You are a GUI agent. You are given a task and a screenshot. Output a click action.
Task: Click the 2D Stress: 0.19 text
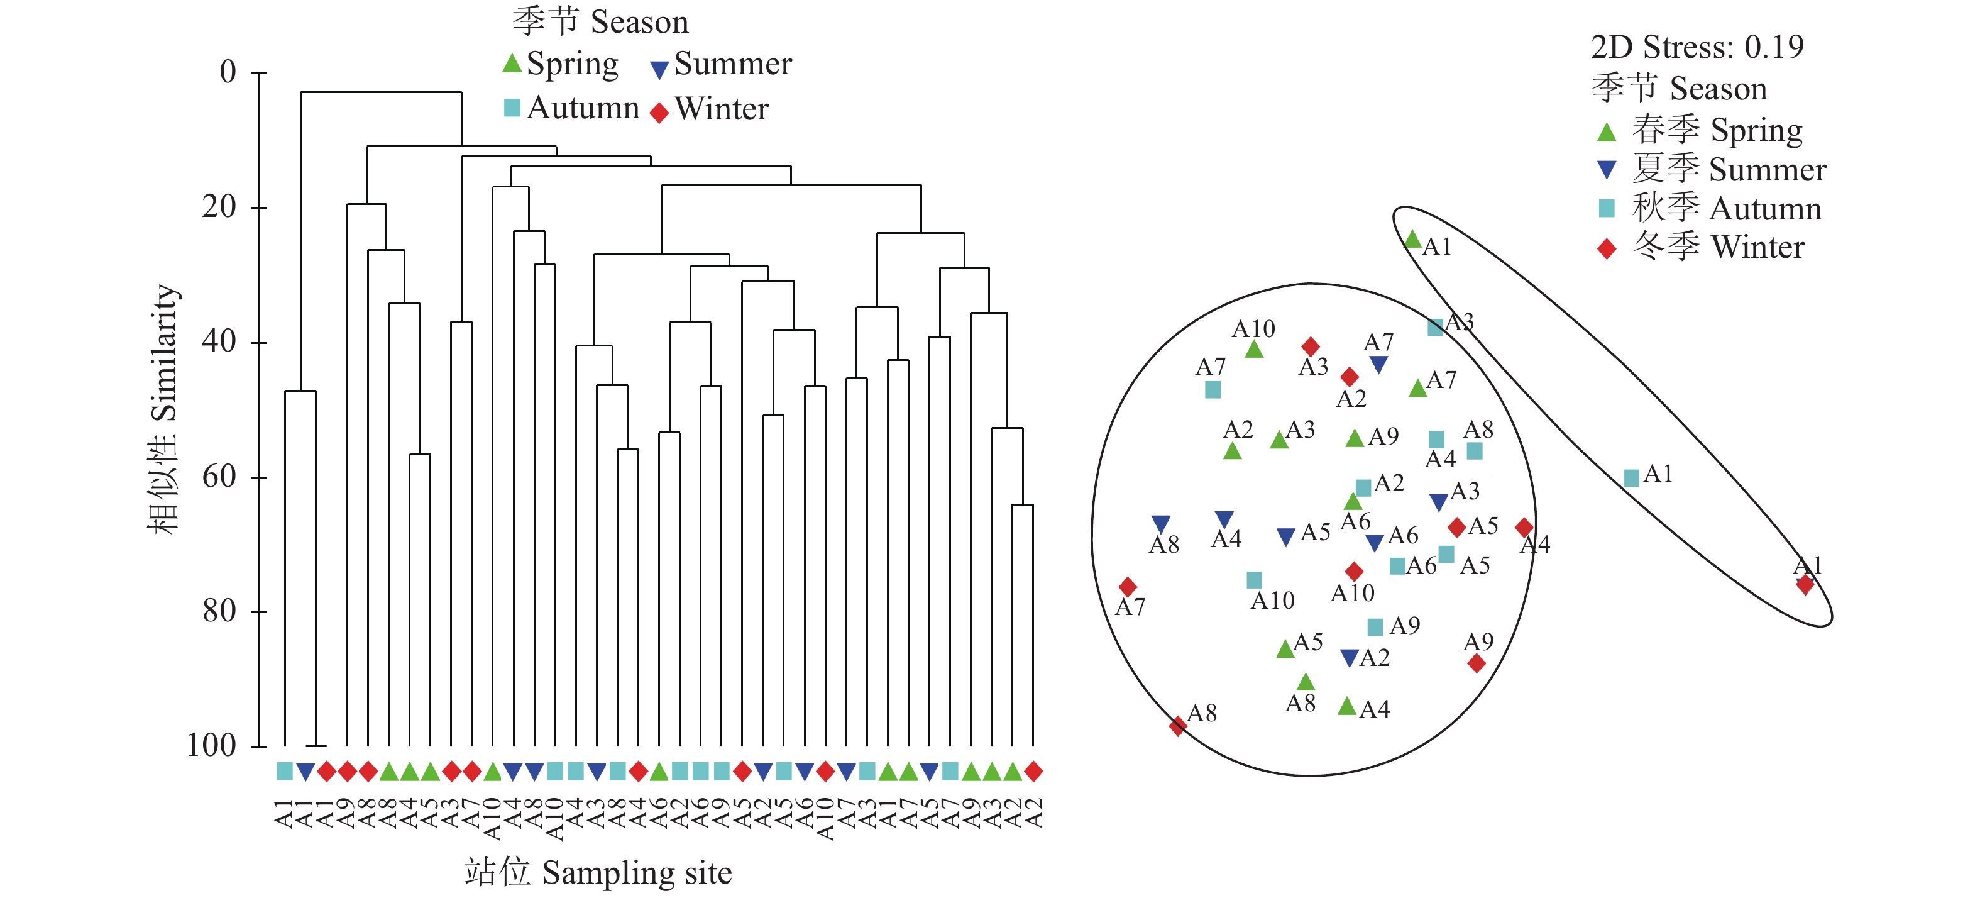(x=1697, y=48)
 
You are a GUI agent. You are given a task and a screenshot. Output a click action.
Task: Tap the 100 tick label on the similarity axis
(x=211, y=745)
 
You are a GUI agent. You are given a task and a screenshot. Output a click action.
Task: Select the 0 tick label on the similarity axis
(x=228, y=72)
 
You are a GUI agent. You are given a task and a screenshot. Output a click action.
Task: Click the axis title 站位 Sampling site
(x=598, y=872)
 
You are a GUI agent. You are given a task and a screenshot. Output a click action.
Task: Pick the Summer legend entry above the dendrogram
(x=721, y=65)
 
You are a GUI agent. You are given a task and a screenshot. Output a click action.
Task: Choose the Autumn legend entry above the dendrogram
(x=572, y=108)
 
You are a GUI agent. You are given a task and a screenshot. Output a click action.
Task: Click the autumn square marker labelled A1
(x=1631, y=478)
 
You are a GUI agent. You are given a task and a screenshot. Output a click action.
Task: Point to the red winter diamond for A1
(x=1805, y=585)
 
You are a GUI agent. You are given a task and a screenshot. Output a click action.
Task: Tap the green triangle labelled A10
(x=1253, y=350)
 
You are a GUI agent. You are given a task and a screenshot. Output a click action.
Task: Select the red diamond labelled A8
(x=1177, y=725)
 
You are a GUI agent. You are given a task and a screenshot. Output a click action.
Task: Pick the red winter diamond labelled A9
(x=1477, y=663)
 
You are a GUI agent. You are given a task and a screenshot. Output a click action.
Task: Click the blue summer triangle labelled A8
(x=1160, y=524)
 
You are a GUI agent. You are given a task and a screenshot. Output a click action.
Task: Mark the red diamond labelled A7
(x=1128, y=587)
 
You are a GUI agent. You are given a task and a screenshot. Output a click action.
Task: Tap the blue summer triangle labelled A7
(x=1378, y=365)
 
